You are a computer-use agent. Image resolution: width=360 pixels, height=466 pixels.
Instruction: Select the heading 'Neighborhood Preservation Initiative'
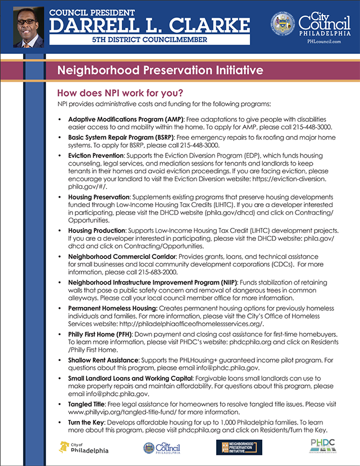point(161,71)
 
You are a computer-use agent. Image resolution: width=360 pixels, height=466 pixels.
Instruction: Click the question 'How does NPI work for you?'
point(120,92)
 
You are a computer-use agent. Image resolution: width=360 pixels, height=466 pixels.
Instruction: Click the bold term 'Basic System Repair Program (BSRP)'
point(120,137)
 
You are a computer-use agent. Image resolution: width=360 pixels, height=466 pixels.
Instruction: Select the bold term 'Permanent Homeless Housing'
point(112,308)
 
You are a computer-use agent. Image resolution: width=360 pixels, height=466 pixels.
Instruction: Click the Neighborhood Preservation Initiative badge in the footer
point(239,447)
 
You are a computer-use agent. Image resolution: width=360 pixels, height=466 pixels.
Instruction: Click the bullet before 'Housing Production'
point(60,231)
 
